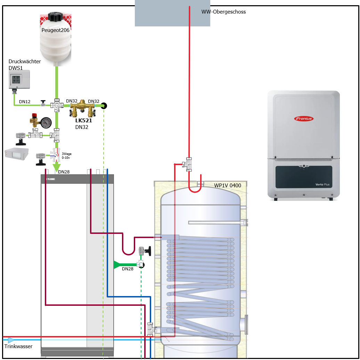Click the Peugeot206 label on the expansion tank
click(x=56, y=30)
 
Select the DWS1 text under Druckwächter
click(x=16, y=68)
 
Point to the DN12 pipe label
click(x=25, y=102)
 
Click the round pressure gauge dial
click(x=46, y=122)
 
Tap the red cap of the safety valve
click(x=34, y=115)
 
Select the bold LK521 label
click(x=84, y=121)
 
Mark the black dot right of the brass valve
click(x=104, y=106)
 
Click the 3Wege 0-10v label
click(x=66, y=156)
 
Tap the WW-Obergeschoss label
click(x=223, y=12)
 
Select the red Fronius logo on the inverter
click(x=304, y=118)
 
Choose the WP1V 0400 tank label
click(x=228, y=186)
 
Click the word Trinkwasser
click(x=18, y=346)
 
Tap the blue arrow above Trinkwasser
click(x=11, y=340)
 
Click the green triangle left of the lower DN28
click(x=117, y=265)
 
